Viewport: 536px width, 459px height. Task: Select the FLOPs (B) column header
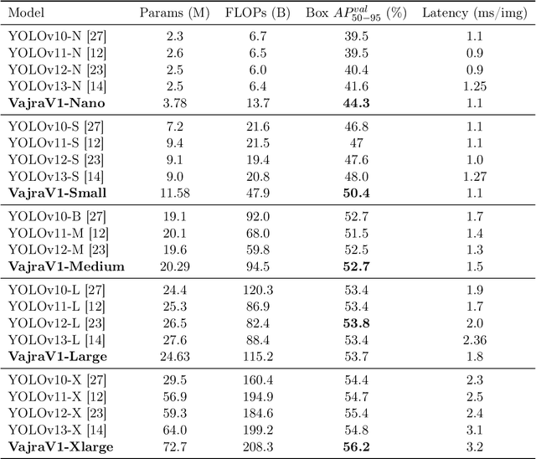(x=258, y=14)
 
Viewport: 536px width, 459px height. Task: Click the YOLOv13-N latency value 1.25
(x=473, y=86)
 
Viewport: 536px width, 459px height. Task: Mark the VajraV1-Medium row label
(x=66, y=266)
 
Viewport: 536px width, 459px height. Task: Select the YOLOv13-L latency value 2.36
(x=473, y=339)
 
